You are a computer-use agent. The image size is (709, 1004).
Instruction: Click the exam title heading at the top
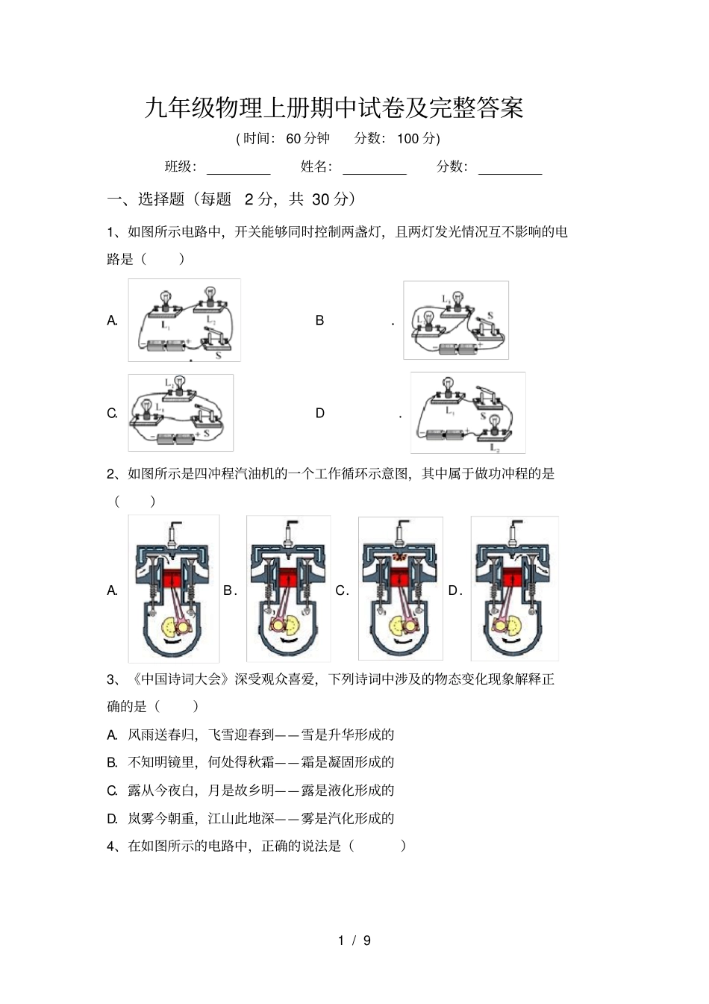click(x=334, y=108)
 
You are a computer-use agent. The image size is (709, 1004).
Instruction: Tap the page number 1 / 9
click(x=354, y=941)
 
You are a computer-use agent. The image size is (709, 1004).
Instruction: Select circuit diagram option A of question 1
click(x=184, y=320)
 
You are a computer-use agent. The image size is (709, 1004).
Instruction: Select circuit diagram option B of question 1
click(x=456, y=320)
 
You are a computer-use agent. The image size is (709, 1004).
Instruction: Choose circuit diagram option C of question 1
click(x=181, y=413)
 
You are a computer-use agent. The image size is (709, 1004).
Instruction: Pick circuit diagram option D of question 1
click(x=468, y=413)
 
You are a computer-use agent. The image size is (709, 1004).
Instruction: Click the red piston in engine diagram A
click(x=174, y=579)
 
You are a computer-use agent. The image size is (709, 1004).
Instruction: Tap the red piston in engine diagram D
click(x=513, y=579)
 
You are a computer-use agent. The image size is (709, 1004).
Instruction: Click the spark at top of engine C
click(x=400, y=557)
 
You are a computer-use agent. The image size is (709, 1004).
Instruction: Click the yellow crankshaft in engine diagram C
click(x=402, y=626)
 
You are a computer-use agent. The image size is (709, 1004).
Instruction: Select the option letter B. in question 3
click(x=112, y=762)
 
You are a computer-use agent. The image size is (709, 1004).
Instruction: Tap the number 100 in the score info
click(x=407, y=139)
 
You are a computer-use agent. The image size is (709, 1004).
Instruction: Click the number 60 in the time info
click(x=293, y=139)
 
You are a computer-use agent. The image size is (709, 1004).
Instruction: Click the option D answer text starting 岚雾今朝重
click(x=260, y=818)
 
